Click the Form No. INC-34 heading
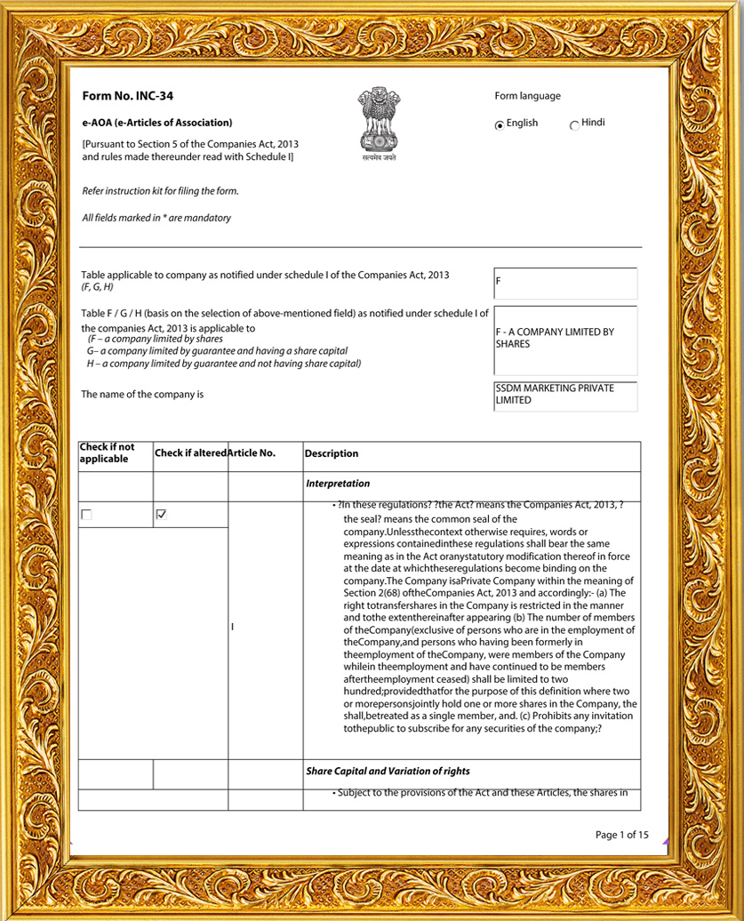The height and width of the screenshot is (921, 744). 122,96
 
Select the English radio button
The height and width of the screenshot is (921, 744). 500,125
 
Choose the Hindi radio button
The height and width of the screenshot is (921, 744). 574,125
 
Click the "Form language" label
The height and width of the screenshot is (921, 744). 527,96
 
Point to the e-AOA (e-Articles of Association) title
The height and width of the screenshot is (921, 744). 156,123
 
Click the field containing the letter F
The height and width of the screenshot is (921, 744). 565,284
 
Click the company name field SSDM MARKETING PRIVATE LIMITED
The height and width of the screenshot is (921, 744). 565,395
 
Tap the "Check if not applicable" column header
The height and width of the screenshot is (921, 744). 108,453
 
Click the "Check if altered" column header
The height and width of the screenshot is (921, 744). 190,453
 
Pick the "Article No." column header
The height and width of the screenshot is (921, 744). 252,453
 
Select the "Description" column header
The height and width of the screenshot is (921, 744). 332,453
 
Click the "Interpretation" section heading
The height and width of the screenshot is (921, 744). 338,484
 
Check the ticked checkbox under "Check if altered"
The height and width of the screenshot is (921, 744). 161,515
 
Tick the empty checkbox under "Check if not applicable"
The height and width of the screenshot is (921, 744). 86,515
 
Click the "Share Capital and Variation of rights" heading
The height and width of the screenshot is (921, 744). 388,771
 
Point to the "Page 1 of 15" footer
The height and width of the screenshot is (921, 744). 622,835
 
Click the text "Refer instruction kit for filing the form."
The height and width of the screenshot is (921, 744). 160,191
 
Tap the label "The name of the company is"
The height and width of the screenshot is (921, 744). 142,394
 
